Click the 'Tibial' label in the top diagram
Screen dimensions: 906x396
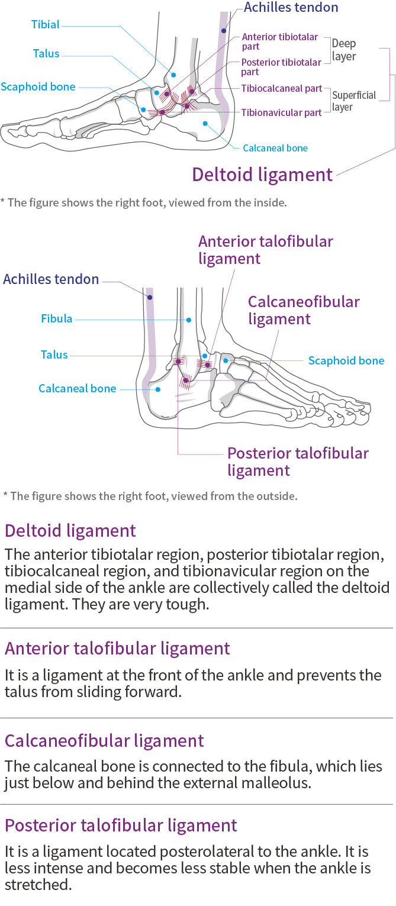point(46,25)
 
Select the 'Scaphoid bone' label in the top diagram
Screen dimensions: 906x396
point(38,87)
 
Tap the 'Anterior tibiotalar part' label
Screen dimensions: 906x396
point(280,41)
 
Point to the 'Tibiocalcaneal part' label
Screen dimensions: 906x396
point(281,88)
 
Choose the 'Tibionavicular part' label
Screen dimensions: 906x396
point(281,112)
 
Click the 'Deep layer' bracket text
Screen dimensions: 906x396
point(344,50)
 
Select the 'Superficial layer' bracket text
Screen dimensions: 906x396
point(353,101)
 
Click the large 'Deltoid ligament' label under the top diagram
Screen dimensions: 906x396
point(262,175)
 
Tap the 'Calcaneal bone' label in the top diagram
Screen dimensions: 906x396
point(275,148)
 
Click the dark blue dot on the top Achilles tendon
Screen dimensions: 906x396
point(224,30)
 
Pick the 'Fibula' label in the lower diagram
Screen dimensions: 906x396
point(56,319)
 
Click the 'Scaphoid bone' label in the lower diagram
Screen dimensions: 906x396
point(346,361)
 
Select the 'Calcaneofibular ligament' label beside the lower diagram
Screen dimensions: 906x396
point(304,310)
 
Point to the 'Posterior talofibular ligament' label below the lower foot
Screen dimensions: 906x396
point(298,462)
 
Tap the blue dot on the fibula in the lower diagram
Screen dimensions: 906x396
point(189,320)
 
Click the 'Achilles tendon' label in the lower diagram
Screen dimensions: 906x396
point(51,279)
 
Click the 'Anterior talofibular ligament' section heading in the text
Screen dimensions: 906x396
point(117,649)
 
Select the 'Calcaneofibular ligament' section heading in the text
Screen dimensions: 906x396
point(104,741)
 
